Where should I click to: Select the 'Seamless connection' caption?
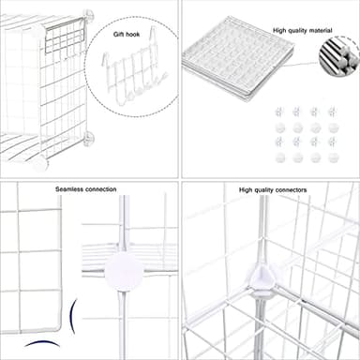click(x=85, y=188)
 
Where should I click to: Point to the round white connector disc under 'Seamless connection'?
click(x=123, y=272)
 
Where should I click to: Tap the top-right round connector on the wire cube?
click(x=88, y=16)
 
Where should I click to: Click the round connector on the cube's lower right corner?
click(x=89, y=138)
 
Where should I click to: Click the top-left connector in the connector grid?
click(x=279, y=112)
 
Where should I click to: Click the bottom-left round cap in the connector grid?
click(x=279, y=157)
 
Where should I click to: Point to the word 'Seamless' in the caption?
click(x=68, y=188)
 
